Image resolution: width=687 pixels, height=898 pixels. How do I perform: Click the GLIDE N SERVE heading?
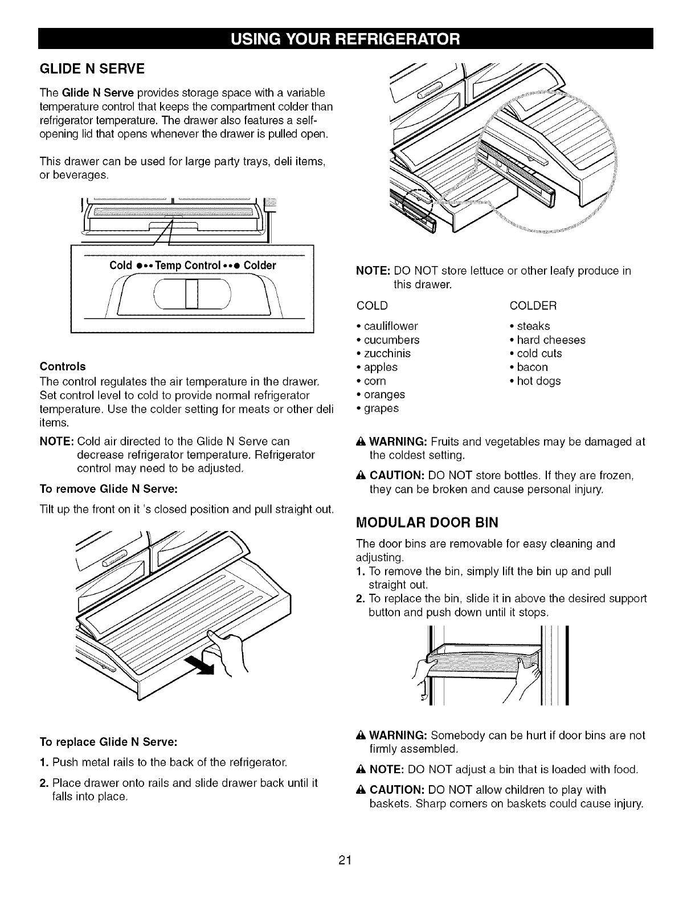click(92, 69)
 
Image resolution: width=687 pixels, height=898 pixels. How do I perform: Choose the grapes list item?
click(379, 409)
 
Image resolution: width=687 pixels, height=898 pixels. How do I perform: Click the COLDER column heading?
click(533, 306)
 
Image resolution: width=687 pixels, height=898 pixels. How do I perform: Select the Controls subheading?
click(63, 366)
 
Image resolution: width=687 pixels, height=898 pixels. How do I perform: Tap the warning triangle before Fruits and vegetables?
click(361, 442)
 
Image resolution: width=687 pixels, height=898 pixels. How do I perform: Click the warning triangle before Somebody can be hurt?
click(361, 736)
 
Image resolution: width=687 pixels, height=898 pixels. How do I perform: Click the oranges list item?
click(382, 394)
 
